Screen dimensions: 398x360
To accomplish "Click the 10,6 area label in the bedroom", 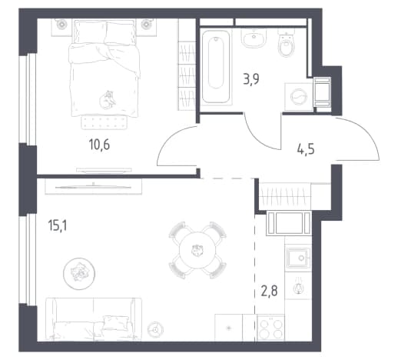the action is tap(99, 145).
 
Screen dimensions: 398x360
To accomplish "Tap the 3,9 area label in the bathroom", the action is tap(251, 78).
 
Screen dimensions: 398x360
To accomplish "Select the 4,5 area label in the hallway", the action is tap(306, 149).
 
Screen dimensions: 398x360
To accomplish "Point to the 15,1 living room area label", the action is tap(58, 226).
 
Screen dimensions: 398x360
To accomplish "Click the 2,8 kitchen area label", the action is tap(270, 292).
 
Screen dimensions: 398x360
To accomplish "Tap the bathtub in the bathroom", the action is tap(216, 66).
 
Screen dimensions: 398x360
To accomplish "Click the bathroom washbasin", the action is tap(254, 38).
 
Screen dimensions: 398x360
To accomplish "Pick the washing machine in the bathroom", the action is tap(299, 97).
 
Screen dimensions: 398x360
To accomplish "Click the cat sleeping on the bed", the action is tap(107, 100).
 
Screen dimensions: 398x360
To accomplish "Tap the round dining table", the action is tap(197, 250).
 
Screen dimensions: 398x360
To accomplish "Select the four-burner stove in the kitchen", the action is tap(270, 328).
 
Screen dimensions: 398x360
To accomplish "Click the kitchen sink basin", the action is tap(298, 257).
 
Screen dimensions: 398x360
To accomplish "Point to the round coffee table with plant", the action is tap(79, 274).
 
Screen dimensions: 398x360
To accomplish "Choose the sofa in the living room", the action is tap(94, 319).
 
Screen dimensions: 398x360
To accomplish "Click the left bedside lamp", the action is tap(61, 24).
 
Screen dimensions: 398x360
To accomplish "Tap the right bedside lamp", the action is tap(146, 24).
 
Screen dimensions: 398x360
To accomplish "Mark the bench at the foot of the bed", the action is tap(104, 122).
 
